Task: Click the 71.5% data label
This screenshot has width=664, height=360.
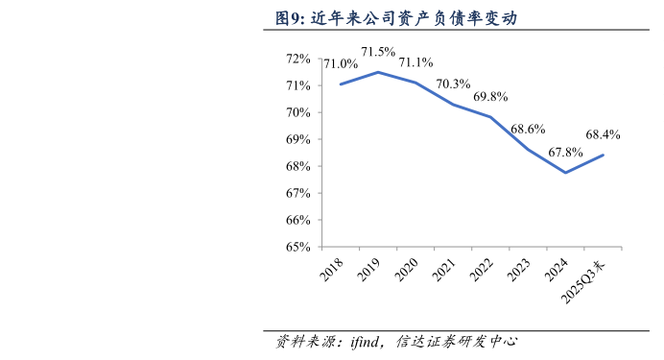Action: pyautogui.click(x=378, y=52)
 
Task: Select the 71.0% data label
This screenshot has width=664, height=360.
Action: pyautogui.click(x=340, y=64)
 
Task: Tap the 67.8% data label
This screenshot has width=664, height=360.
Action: pyautogui.click(x=565, y=153)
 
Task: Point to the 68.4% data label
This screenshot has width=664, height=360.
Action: pyautogui.click(x=603, y=135)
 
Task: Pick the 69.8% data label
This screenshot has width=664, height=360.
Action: pyautogui.click(x=490, y=97)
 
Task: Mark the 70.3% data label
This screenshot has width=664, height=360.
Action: pyautogui.click(x=453, y=84)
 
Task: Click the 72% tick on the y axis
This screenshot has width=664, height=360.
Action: pyautogui.click(x=298, y=59)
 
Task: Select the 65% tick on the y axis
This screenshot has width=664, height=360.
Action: pyautogui.click(x=298, y=247)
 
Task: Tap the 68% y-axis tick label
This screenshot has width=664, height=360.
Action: pyautogui.click(x=298, y=166)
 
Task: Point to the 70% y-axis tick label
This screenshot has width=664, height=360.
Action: pyautogui.click(x=298, y=112)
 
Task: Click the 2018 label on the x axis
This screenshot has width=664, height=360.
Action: pyautogui.click(x=333, y=273)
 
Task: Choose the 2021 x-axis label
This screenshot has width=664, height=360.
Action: pyautogui.click(x=444, y=273)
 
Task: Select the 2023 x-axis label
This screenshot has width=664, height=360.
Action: pyautogui.click(x=519, y=273)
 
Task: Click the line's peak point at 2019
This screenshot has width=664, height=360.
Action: pyautogui.click(x=378, y=72)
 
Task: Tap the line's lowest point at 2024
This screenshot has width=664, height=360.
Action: pyautogui.click(x=565, y=173)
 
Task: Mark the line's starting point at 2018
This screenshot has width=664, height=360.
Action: pyautogui.click(x=341, y=84)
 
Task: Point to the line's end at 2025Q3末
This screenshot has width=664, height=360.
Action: pyautogui.click(x=603, y=156)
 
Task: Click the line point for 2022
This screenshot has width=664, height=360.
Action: pyautogui.click(x=490, y=117)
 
